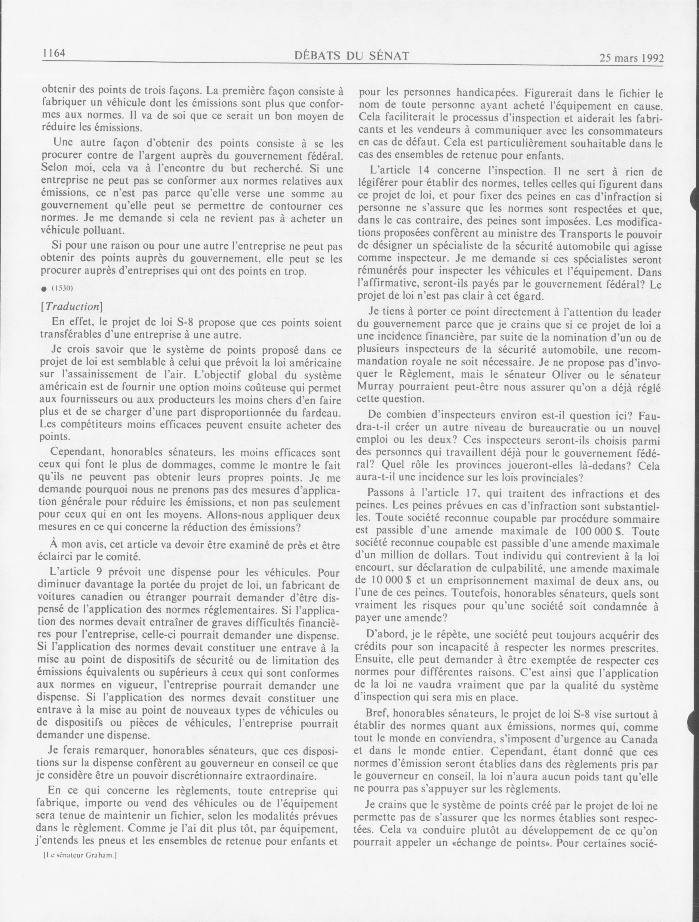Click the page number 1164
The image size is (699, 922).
pos(54,53)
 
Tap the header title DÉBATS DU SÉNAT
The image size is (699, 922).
pos(351,56)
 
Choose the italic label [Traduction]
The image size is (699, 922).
pos(71,306)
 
